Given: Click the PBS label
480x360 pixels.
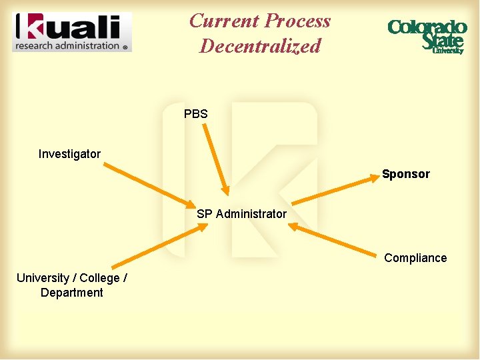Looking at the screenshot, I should tap(196, 114).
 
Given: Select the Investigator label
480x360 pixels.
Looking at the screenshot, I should tap(69, 154).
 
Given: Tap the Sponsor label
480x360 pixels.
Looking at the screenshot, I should tap(406, 174).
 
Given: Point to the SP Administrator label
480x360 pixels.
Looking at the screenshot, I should tap(241, 214).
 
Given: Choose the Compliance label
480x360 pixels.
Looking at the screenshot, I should tap(415, 258).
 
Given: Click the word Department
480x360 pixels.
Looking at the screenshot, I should tap(71, 293).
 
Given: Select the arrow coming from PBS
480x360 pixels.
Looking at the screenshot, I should tap(215, 159).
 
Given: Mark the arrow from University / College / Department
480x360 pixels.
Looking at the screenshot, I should tap(160, 245).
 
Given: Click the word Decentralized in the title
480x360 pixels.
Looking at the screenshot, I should tap(260, 46).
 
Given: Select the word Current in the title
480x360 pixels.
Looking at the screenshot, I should tap(222, 21).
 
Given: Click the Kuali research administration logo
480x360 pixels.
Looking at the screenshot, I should tap(72, 31).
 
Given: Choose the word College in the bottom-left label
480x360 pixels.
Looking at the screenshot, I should tap(100, 278).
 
